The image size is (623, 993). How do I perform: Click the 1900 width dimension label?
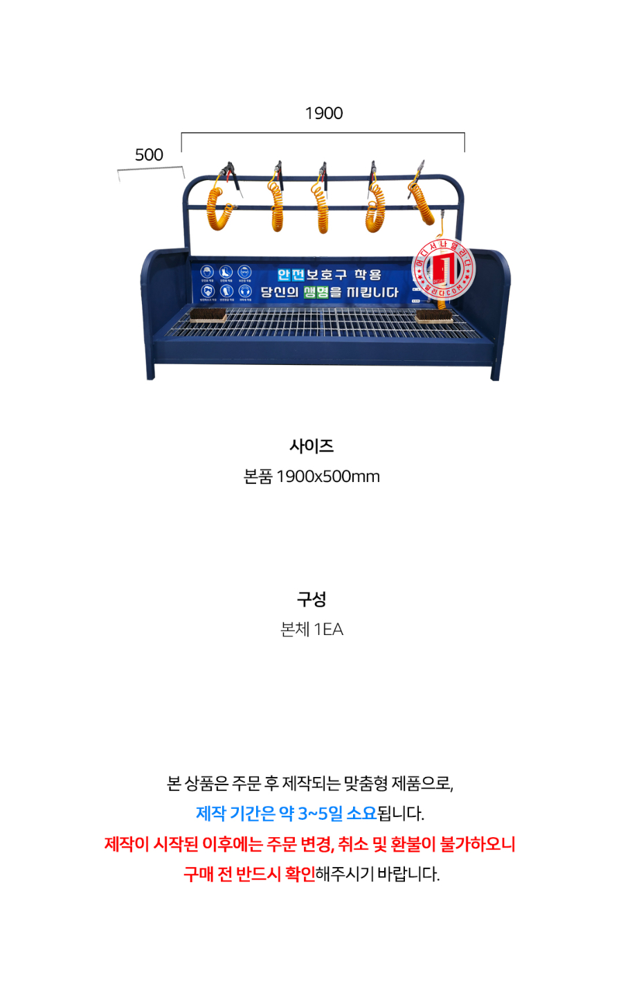[x=324, y=113]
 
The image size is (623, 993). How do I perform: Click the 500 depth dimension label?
[x=149, y=154]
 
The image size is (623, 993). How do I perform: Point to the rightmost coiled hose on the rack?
[x=422, y=201]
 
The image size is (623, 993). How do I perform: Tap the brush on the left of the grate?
[x=208, y=315]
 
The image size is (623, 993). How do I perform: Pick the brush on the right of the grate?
[x=435, y=316]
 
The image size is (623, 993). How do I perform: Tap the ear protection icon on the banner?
[x=245, y=292]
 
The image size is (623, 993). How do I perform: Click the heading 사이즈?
[x=311, y=446]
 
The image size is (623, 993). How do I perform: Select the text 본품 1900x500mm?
[x=311, y=476]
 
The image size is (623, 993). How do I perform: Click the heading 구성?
[x=311, y=599]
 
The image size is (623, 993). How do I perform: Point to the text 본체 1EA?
[x=311, y=629]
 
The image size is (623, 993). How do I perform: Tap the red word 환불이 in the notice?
[x=413, y=844]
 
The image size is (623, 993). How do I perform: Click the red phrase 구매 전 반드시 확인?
[x=249, y=875]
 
